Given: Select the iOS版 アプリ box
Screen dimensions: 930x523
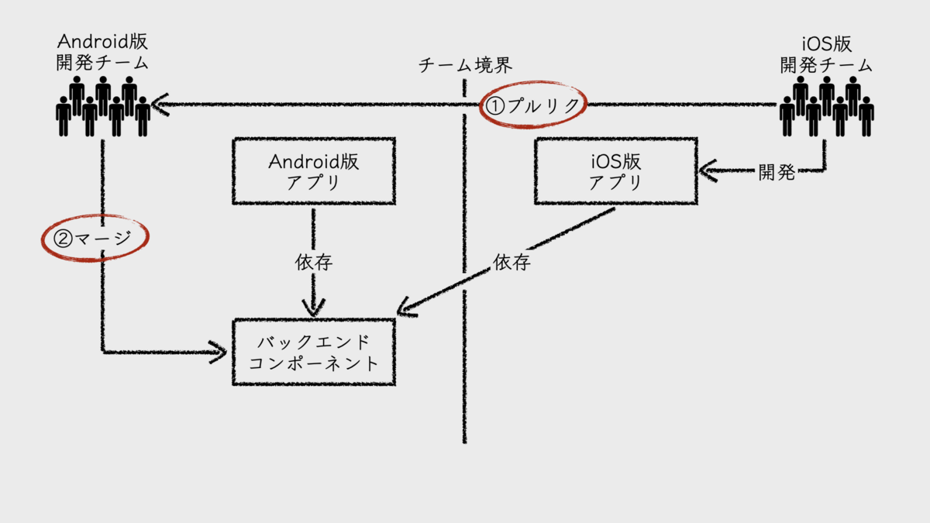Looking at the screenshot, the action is tap(615, 172).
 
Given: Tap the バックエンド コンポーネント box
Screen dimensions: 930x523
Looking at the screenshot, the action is tap(313, 352).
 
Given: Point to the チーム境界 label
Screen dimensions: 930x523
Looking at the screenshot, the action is tap(465, 65).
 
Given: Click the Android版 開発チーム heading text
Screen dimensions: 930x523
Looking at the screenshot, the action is tap(102, 52).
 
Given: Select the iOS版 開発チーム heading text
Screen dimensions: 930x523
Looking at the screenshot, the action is tap(827, 52).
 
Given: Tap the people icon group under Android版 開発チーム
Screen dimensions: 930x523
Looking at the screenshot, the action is tap(103, 106).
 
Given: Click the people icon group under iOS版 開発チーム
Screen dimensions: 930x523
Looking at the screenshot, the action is tap(826, 106).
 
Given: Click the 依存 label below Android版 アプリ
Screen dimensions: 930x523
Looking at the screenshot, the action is tap(313, 263).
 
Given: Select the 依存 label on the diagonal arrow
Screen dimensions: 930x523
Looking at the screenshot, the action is tap(511, 263).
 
